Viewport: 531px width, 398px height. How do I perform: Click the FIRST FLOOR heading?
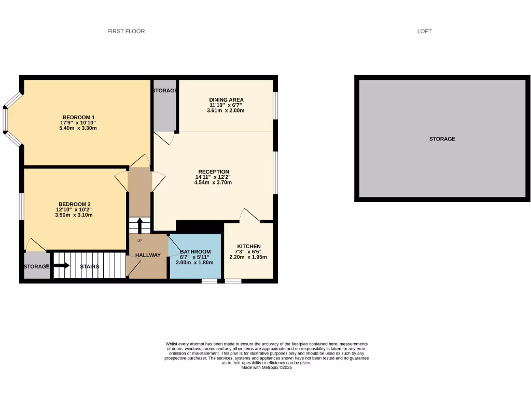(x=126, y=32)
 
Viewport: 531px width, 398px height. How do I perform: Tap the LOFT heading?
(x=424, y=32)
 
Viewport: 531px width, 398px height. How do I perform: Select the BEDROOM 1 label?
(x=79, y=117)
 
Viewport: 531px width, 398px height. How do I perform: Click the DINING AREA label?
(x=226, y=99)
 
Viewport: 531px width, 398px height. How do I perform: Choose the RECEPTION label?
(x=214, y=172)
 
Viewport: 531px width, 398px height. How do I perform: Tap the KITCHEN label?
(x=248, y=246)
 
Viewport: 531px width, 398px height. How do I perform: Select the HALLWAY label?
(x=148, y=255)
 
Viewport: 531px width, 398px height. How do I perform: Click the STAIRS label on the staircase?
(x=89, y=267)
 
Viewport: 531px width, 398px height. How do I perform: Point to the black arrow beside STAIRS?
(x=61, y=266)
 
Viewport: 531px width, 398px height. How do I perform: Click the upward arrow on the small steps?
(x=138, y=225)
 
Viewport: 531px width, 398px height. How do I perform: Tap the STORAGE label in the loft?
(x=442, y=139)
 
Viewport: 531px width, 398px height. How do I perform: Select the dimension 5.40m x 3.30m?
(x=79, y=128)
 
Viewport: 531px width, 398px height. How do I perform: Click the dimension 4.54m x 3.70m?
(x=214, y=182)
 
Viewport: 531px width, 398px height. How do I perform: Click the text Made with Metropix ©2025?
(x=267, y=367)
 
